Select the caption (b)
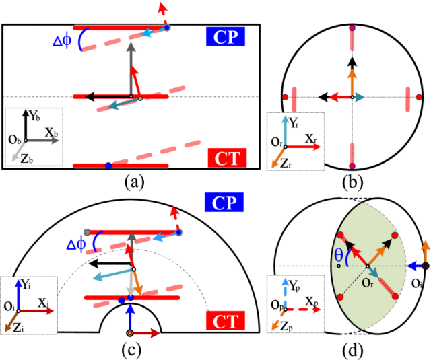(x=352, y=180)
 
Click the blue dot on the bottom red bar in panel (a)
(x=108, y=166)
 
